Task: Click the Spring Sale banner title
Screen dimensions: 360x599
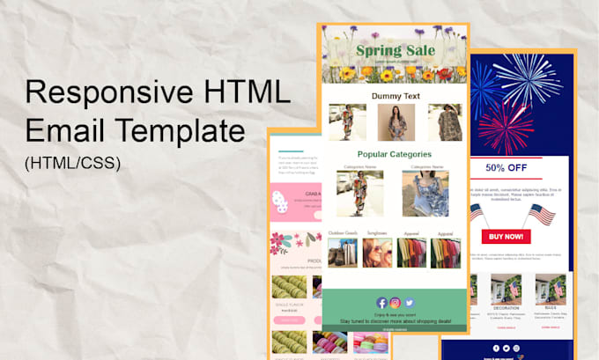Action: tap(396, 51)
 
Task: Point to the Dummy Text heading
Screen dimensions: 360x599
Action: tap(396, 95)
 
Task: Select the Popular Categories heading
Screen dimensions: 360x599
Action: tap(395, 155)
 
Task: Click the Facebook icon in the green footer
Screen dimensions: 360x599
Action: tap(382, 303)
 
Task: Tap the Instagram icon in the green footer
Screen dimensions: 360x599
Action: tap(396, 303)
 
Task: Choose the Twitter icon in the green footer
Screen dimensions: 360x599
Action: tap(409, 303)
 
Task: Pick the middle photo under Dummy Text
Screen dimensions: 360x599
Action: tap(396, 122)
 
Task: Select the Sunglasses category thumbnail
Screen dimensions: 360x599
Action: tap(376, 253)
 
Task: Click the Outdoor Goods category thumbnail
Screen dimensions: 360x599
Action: tap(343, 253)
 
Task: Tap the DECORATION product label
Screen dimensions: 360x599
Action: tap(507, 309)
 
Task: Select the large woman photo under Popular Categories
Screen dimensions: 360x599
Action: tap(360, 193)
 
